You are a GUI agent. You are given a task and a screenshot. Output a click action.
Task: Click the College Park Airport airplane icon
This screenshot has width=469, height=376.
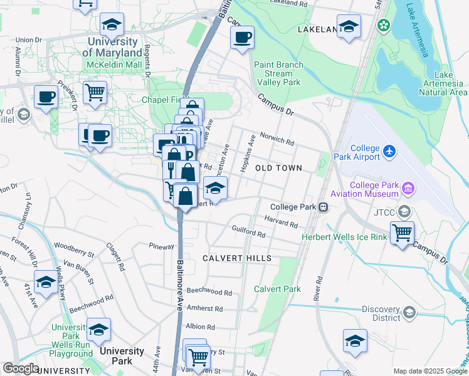point(389,151)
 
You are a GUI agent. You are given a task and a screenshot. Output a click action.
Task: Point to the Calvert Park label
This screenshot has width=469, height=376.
point(277,289)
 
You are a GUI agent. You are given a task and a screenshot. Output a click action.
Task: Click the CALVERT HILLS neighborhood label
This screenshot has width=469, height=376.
point(237,258)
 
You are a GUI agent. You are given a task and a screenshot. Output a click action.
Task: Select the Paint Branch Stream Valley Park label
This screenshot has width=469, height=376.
point(278,73)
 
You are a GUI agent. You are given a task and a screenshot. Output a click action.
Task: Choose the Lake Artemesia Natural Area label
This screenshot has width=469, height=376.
point(443,84)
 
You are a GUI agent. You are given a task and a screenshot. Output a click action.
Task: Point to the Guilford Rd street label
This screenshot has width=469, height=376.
point(249,232)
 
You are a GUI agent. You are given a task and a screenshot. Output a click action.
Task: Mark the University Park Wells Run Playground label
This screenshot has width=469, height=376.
point(72,340)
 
